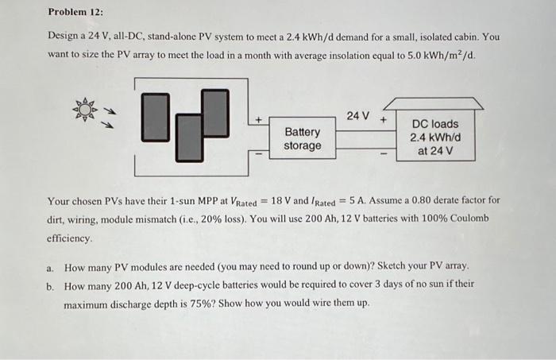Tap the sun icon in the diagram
pyautogui.click(x=83, y=109)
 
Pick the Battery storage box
pyautogui.click(x=303, y=138)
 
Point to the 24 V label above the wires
pyautogui.click(x=358, y=116)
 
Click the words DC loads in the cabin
pyautogui.click(x=434, y=124)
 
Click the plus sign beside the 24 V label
pyautogui.click(x=384, y=119)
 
